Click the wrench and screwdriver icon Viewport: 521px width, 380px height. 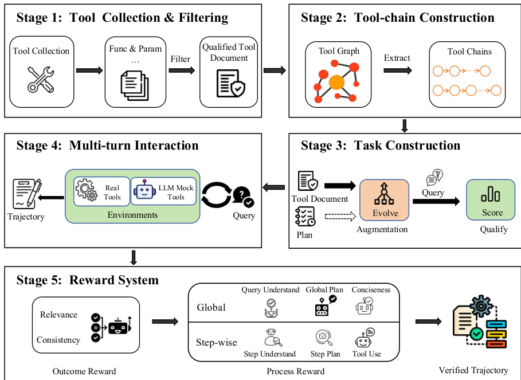[41, 80]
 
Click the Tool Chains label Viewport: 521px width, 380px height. [469, 52]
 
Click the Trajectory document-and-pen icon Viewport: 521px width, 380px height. [25, 193]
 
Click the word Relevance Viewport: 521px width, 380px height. [58, 315]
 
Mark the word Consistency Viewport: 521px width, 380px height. [58, 340]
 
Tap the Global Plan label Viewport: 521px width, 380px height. [324, 290]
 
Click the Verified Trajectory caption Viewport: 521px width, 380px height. [473, 370]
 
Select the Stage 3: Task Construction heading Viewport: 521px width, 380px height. [381, 145]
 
